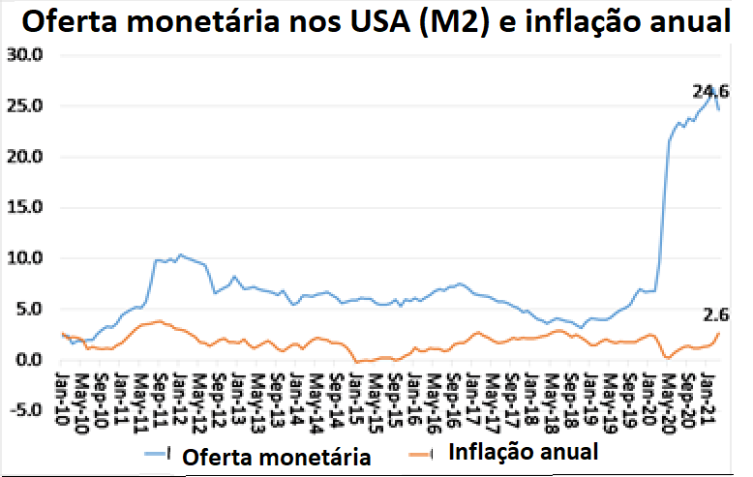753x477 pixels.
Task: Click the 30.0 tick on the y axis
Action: pyautogui.click(x=27, y=55)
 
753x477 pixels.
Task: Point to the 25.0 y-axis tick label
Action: pyautogui.click(x=27, y=105)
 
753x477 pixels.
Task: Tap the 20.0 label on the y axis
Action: pyautogui.click(x=27, y=157)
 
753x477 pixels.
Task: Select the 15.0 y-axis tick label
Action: pyautogui.click(x=27, y=207)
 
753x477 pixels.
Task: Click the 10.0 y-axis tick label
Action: pyautogui.click(x=27, y=258)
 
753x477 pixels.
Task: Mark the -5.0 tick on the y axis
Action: pyautogui.click(x=25, y=409)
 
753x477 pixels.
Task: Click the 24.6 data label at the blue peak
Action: pyautogui.click(x=709, y=92)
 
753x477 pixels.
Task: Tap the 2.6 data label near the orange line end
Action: pyautogui.click(x=717, y=313)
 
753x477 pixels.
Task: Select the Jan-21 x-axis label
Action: pyautogui.click(x=706, y=391)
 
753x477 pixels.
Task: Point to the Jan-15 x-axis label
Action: pyautogui.click(x=355, y=391)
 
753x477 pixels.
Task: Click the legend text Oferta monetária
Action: pyautogui.click(x=274, y=457)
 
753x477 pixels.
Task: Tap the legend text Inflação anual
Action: pyautogui.click(x=523, y=452)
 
